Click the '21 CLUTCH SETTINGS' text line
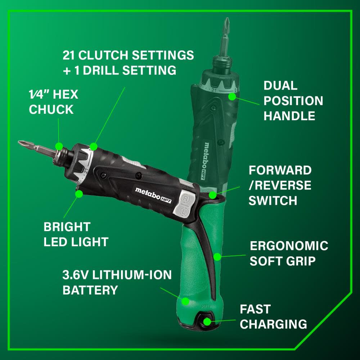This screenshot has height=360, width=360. (128, 55)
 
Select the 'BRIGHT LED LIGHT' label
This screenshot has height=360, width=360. (76, 234)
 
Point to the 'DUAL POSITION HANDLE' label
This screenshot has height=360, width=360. (293, 101)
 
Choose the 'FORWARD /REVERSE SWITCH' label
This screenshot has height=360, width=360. (280, 185)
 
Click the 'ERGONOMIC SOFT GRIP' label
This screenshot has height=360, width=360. (289, 253)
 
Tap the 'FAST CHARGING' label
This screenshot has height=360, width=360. (273, 316)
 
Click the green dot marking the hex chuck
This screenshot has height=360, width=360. (59, 146)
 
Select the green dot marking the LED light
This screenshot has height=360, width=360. (79, 194)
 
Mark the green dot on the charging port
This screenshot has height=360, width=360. (208, 321)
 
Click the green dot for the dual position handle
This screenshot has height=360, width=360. (232, 96)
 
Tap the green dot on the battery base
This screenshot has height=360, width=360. (186, 301)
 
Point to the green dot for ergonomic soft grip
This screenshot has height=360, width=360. (217, 257)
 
